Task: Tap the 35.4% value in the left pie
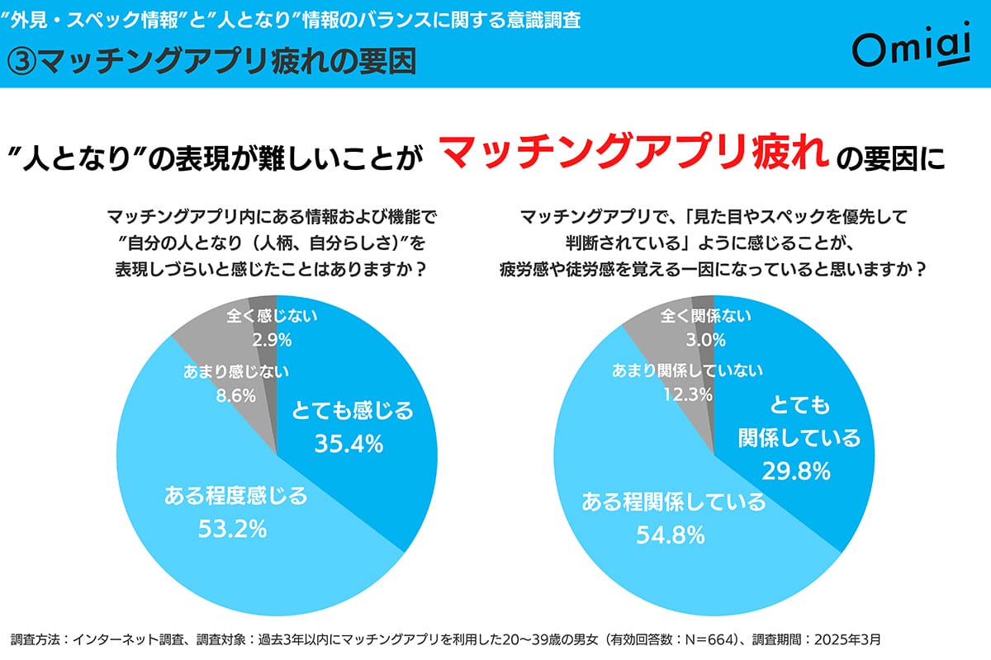349,444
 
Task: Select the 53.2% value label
233,528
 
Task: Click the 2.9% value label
272,340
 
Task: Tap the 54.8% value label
670,535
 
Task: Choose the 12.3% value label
687,394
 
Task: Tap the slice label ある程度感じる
235,496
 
